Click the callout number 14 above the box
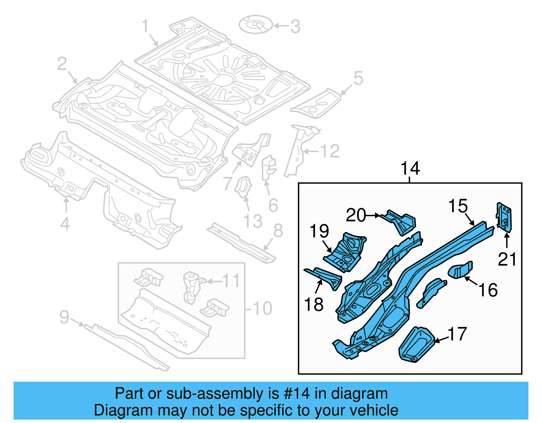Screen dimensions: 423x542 coord(410,168)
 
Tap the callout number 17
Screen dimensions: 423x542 coord(457,334)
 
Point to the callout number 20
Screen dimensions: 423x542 coord(356,215)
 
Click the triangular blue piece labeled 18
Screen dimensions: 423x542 coord(325,276)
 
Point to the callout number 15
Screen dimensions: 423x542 coord(458,206)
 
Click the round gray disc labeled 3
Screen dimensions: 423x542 coord(255,24)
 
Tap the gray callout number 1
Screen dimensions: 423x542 coord(145,26)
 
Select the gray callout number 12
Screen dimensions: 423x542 coord(330,151)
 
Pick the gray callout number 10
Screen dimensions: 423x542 coord(262,308)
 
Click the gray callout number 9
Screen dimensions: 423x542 coord(64,317)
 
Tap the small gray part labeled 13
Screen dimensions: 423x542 coord(243,187)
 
